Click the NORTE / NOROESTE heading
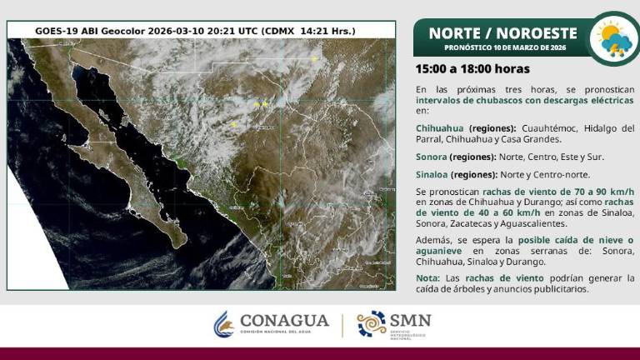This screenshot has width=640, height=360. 502,32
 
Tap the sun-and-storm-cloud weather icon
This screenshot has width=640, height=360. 615,37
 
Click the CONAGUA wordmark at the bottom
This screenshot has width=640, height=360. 284,321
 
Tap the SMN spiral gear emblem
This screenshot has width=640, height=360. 371,323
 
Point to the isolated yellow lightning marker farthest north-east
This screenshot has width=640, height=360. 315,58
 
